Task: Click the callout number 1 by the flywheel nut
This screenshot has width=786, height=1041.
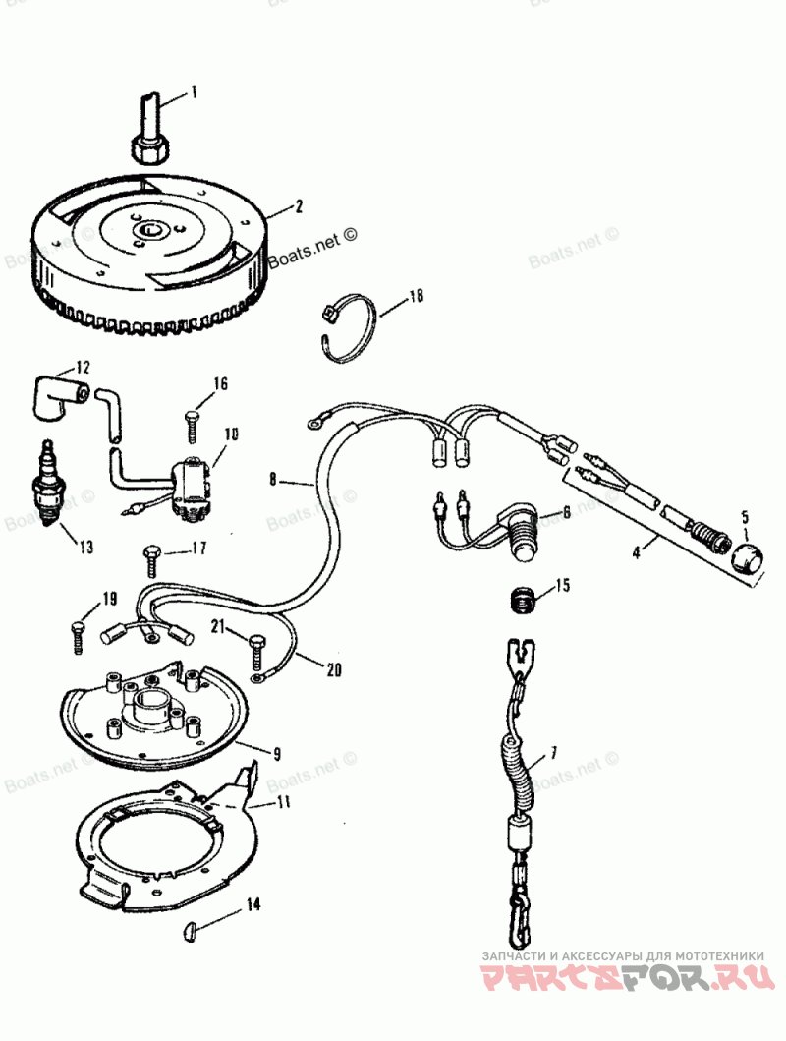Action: coord(194,92)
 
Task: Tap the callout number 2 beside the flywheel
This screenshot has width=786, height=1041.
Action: coord(298,208)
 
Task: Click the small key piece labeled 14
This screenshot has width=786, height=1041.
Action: coord(193,928)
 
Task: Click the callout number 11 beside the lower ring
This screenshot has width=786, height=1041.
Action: coord(285,803)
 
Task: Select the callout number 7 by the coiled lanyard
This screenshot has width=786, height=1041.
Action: coord(553,752)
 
